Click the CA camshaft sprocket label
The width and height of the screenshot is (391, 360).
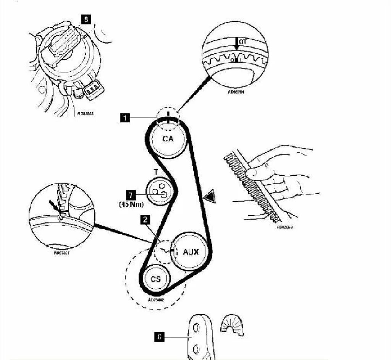click(168, 139)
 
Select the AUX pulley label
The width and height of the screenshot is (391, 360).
click(191, 252)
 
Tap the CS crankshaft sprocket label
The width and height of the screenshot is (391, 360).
click(155, 279)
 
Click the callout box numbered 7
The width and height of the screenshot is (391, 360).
click(131, 195)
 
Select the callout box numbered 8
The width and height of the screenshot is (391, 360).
click(87, 19)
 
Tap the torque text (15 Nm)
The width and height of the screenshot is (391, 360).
click(131, 204)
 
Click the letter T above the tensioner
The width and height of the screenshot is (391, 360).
click(155, 172)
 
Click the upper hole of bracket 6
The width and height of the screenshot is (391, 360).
click(196, 328)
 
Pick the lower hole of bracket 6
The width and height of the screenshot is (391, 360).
click(197, 349)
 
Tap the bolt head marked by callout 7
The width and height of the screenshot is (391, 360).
click(164, 195)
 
